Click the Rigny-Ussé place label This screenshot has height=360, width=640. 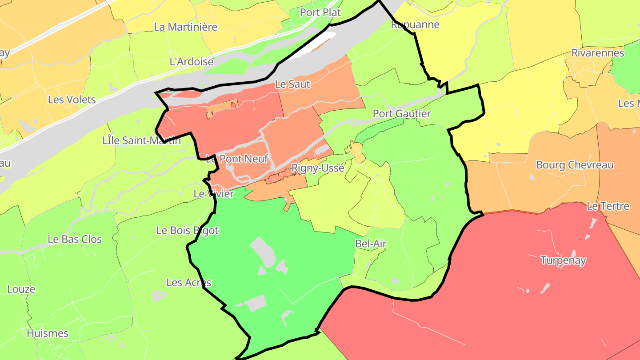318,168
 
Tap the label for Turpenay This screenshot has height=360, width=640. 563,260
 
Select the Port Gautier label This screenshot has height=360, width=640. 401,114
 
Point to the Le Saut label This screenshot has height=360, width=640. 292,84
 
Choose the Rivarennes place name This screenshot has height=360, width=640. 597,53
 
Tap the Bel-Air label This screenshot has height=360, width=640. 371,244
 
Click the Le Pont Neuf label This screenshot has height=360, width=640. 237,158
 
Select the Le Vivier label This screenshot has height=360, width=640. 213,194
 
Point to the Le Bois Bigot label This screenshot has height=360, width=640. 188,230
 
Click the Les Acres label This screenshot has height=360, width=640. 188,283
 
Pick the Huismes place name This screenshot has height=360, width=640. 48,333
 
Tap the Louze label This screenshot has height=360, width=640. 21,289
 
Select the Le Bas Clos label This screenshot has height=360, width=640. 75,239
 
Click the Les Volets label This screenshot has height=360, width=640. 72,100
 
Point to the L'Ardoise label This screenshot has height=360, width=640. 192,62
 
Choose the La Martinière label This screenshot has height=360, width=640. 185,27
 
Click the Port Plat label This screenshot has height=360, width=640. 320,12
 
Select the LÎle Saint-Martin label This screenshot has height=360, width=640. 141,141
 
